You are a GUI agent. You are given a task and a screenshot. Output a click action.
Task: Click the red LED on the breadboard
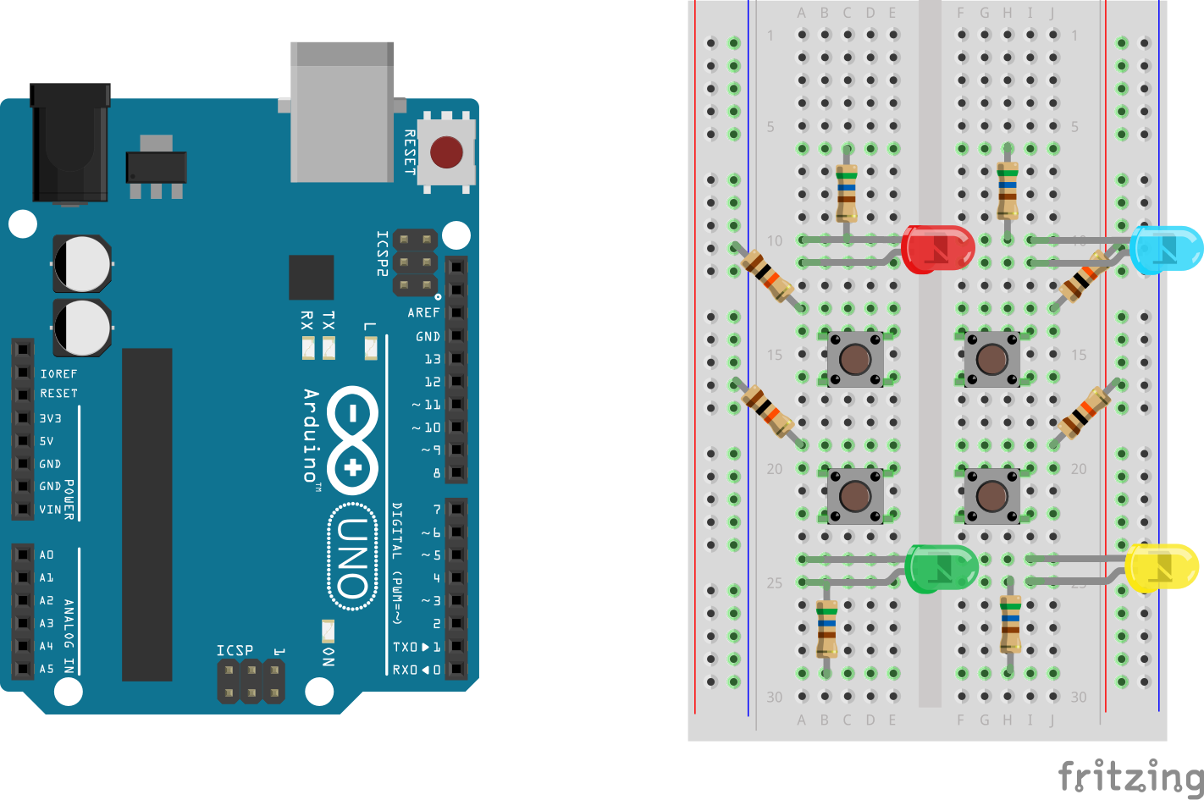click(937, 249)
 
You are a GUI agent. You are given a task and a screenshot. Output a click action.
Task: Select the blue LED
click(1166, 249)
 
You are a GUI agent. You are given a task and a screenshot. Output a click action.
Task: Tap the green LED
click(942, 568)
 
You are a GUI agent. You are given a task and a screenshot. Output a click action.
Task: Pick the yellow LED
click(1162, 566)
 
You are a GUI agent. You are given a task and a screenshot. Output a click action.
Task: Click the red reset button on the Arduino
click(446, 152)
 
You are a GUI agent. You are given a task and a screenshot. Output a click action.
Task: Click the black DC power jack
click(70, 141)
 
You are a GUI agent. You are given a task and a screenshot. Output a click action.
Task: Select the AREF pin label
click(423, 313)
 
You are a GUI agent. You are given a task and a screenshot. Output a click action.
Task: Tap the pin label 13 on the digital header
click(432, 359)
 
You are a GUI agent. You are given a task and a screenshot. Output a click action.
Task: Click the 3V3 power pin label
click(51, 418)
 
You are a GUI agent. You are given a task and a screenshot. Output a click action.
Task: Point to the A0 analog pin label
click(47, 555)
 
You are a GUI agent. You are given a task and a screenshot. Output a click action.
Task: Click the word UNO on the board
click(352, 556)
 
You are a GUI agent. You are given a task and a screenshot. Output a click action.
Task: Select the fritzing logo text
click(1130, 775)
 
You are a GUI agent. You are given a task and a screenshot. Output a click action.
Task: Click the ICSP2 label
click(383, 253)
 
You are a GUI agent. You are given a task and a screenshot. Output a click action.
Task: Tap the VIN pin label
click(50, 510)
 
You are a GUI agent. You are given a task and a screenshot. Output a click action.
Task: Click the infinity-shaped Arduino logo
click(352, 440)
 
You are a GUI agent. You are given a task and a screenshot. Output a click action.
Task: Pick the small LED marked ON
click(328, 631)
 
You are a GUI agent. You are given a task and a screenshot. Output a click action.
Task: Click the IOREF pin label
click(58, 373)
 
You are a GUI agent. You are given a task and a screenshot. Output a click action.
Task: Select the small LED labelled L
click(370, 347)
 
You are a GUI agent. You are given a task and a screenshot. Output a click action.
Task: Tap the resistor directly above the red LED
click(846, 193)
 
